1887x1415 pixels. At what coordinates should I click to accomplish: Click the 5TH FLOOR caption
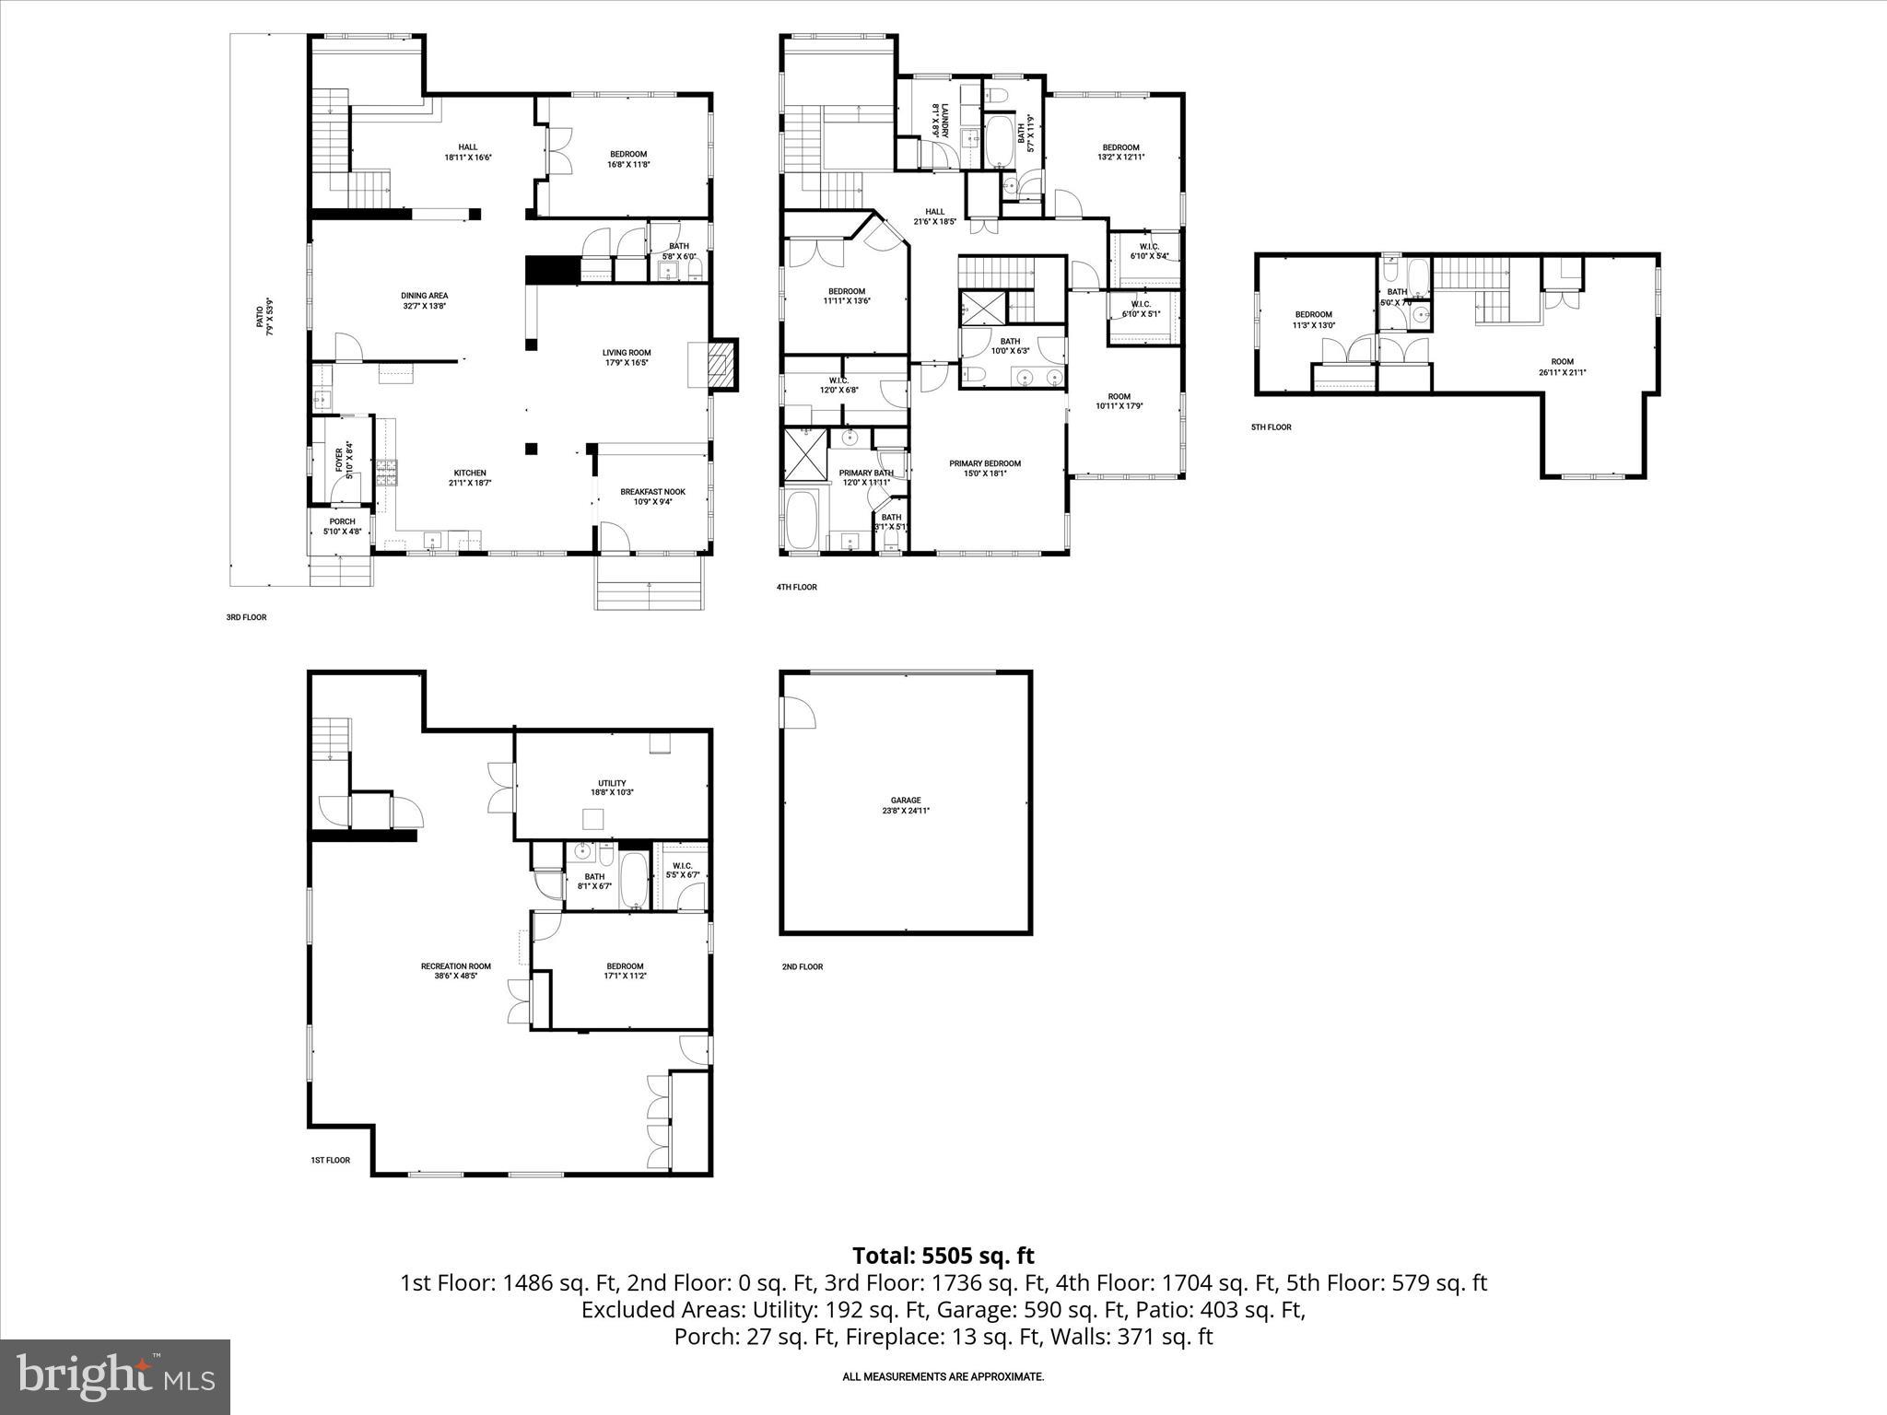point(1271,427)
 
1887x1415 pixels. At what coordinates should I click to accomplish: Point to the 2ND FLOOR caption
point(802,966)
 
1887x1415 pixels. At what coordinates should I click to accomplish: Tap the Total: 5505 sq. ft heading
point(943,1256)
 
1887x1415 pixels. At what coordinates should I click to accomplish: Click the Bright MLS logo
point(115,1376)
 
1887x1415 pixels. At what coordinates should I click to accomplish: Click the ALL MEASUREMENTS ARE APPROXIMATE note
point(943,1376)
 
